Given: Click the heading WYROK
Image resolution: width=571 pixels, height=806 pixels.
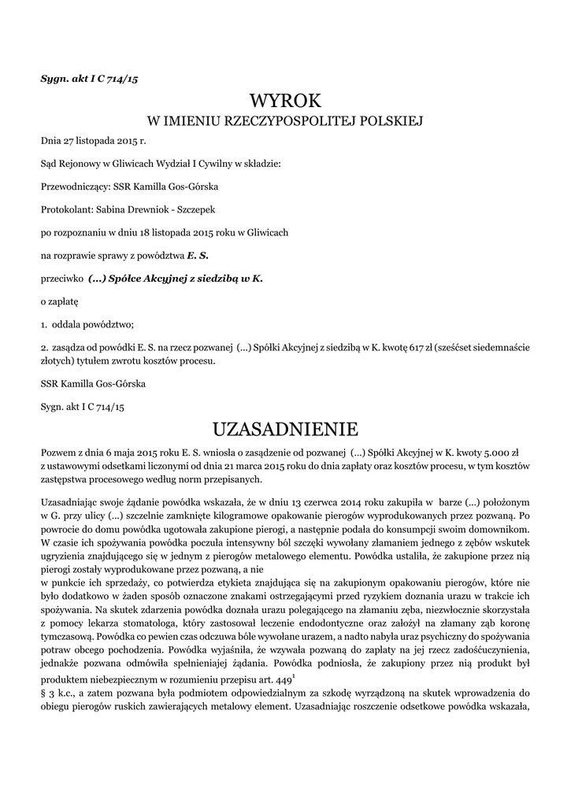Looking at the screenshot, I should tap(286, 101).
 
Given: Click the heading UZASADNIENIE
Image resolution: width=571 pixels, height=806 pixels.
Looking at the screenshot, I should tap(286, 429).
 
